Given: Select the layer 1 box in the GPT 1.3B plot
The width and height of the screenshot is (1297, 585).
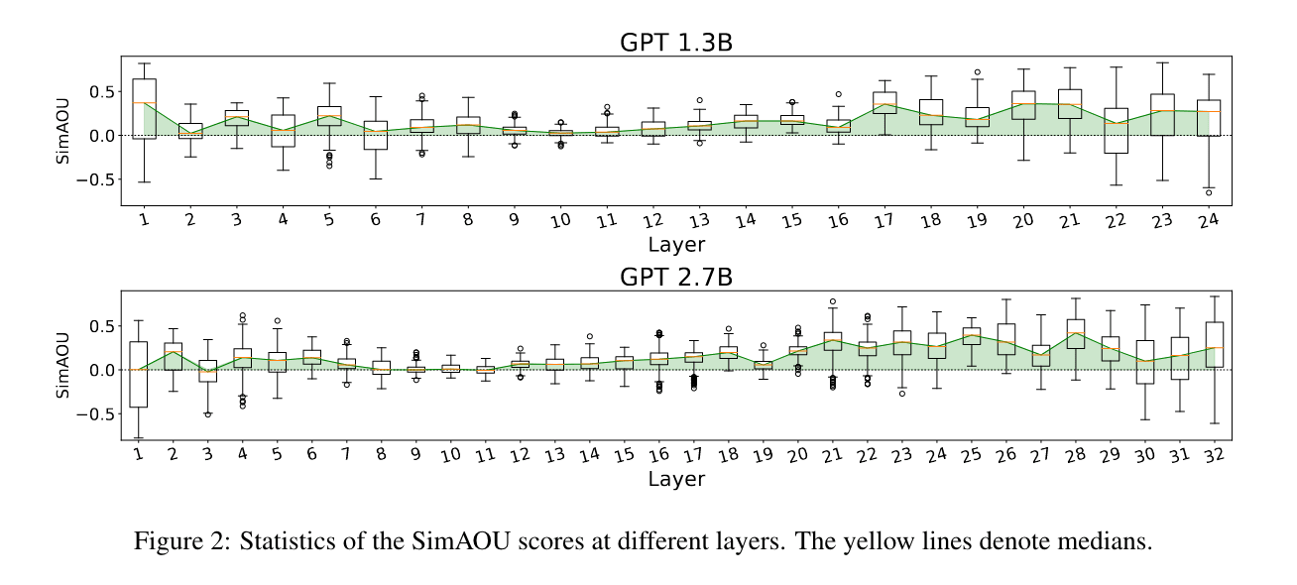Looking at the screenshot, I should (x=144, y=108).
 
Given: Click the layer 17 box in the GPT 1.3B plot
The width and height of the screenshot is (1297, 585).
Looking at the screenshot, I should (x=885, y=102).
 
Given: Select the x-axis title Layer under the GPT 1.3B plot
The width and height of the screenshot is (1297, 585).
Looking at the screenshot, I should (x=676, y=244).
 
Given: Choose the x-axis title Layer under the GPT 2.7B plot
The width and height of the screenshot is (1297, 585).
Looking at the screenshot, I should (x=676, y=479).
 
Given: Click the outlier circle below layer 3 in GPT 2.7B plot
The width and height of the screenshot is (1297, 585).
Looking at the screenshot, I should (x=208, y=414).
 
